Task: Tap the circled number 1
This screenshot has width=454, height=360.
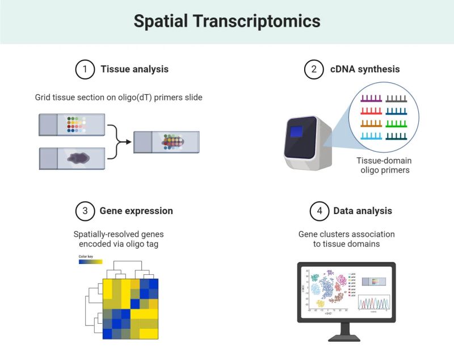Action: tap(85, 69)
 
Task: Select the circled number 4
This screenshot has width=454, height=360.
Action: tap(319, 211)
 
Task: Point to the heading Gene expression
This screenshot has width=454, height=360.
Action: tap(136, 211)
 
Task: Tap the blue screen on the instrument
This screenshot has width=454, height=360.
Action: tap(298, 132)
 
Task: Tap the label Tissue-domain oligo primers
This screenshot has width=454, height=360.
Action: tap(384, 165)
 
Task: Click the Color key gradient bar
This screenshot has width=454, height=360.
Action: tap(90, 262)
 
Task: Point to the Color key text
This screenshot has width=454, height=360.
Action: tap(86, 256)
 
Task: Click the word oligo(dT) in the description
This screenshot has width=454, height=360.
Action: tap(133, 98)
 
